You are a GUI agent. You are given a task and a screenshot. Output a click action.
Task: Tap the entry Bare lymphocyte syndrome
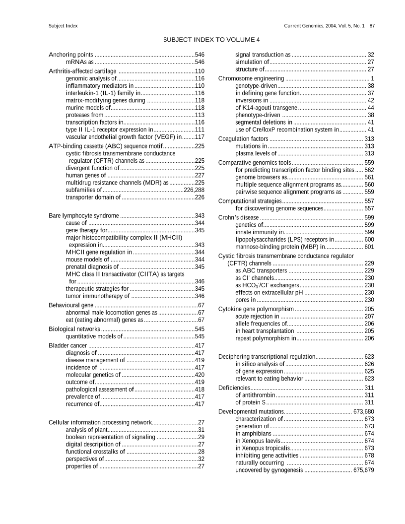(84, 216)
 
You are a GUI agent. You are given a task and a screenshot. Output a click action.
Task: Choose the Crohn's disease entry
(239, 217)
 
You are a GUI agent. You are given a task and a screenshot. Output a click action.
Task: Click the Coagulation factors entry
(243, 139)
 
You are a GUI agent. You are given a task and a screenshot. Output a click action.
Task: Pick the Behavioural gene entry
(71, 305)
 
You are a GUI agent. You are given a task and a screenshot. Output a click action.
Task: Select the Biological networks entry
(74, 329)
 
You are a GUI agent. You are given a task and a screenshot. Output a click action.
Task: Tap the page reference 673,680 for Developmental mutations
(364, 412)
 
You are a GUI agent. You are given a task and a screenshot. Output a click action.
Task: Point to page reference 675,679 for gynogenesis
(364, 470)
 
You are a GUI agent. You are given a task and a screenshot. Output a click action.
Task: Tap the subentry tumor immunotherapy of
(97, 296)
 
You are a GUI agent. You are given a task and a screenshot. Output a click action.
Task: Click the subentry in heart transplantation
(265, 331)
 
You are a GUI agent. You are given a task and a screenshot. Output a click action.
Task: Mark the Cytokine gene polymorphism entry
(256, 309)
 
